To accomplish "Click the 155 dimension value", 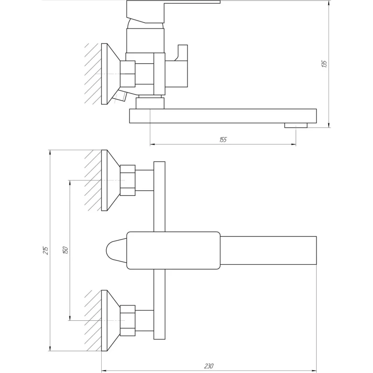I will [222, 140].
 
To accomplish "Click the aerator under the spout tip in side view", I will [296, 125].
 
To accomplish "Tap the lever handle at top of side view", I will [173, 9].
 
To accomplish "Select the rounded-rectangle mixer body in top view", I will [173, 250].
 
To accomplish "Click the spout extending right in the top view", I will [269, 250].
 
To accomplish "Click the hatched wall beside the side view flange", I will [92, 74].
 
